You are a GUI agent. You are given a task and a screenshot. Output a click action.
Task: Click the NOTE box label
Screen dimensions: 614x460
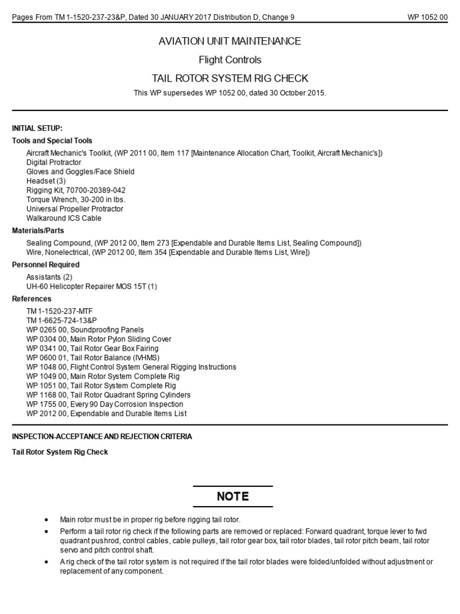[x=232, y=496]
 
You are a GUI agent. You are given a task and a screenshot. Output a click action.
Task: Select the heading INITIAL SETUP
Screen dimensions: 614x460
[x=37, y=128]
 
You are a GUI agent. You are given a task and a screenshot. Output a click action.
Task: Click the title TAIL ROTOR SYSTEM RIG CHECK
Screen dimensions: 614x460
[x=229, y=79]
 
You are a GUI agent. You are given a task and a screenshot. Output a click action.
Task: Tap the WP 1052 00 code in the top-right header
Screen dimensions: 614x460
[x=427, y=17]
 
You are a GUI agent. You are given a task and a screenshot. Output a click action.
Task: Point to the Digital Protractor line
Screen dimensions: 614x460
[x=54, y=162]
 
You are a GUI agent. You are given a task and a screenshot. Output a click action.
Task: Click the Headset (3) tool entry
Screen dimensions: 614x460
[x=46, y=181]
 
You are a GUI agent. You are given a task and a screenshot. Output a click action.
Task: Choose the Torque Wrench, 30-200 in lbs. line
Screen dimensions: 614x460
[x=76, y=200]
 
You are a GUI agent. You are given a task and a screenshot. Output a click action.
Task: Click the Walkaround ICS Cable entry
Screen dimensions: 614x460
[x=64, y=218]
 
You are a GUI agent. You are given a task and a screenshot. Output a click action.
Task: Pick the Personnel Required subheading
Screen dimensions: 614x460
[x=46, y=264]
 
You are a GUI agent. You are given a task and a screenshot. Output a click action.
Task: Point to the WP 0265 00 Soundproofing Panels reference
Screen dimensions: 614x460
[x=85, y=330]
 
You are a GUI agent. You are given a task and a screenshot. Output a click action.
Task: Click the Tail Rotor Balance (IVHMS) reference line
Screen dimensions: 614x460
[x=93, y=357]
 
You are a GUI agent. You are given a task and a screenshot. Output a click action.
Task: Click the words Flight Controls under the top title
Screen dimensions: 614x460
[x=229, y=60]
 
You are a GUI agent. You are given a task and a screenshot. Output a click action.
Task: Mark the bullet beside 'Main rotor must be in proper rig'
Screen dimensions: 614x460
[x=47, y=519]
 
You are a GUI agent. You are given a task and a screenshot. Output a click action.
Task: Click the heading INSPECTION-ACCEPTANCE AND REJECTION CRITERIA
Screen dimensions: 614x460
[x=102, y=437]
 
